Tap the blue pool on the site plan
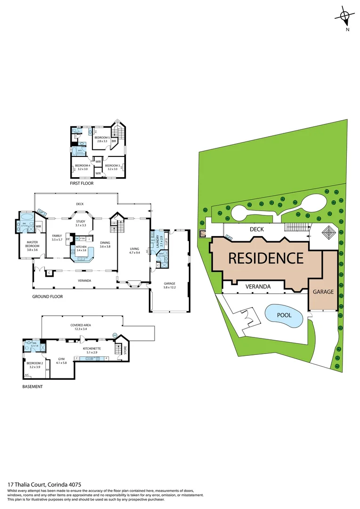pyautogui.click(x=283, y=316)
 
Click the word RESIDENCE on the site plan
pyautogui.click(x=266, y=258)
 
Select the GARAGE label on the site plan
pyautogui.click(x=323, y=292)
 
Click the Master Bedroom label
pyautogui.click(x=32, y=244)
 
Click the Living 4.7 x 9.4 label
pyautogui.click(x=135, y=250)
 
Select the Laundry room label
pyautogui.click(x=158, y=240)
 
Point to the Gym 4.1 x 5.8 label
pyautogui.click(x=62, y=361)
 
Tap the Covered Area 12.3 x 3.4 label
pyautogui.click(x=81, y=327)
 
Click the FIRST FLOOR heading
pyautogui.click(x=81, y=183)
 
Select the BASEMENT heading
pyautogui.click(x=33, y=386)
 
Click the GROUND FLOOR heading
pyautogui.click(x=47, y=296)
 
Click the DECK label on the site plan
pyautogui.click(x=257, y=229)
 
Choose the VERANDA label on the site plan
pyautogui.click(x=257, y=286)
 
